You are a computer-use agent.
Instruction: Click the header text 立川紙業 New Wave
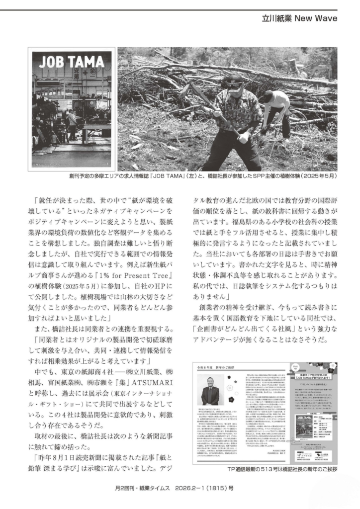pos(299,18)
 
